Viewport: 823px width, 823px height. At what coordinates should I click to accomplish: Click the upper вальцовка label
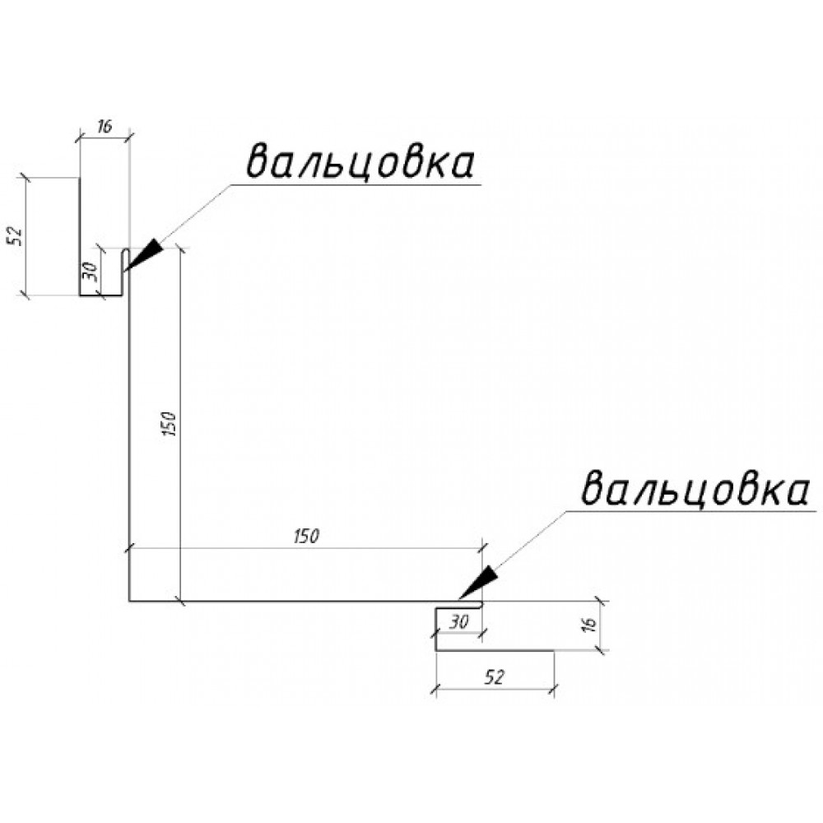(x=360, y=163)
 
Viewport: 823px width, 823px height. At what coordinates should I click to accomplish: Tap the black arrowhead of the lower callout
(x=477, y=581)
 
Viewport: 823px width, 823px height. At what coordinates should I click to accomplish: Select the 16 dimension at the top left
(x=105, y=127)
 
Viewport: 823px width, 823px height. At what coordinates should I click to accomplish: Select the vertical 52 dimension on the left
(x=15, y=237)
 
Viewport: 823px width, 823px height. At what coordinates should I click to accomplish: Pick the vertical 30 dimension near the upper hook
(x=91, y=272)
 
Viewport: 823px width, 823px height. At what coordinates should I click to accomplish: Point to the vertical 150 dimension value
(x=171, y=424)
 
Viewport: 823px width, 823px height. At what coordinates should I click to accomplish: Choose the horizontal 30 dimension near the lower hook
(x=458, y=622)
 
